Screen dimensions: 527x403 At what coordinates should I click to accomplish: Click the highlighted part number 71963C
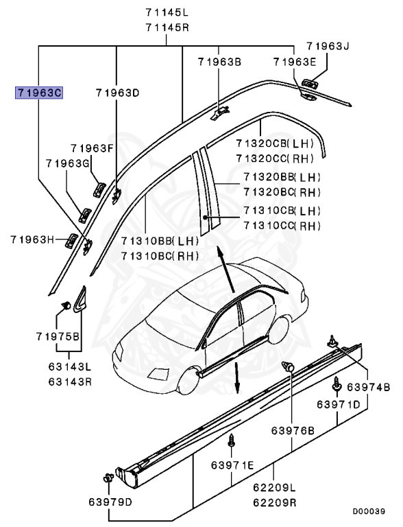[x=39, y=92]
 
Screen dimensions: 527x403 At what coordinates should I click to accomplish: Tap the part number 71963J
[x=328, y=47]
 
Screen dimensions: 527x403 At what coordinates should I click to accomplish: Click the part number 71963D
[x=117, y=92]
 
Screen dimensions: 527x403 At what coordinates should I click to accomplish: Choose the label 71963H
[x=32, y=239]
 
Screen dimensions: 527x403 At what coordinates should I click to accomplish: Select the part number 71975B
[x=58, y=336]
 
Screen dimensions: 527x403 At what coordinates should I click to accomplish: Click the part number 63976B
[x=292, y=430]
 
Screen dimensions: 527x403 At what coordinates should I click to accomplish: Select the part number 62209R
[x=274, y=502]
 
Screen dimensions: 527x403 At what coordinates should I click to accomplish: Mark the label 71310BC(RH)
[x=160, y=256]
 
